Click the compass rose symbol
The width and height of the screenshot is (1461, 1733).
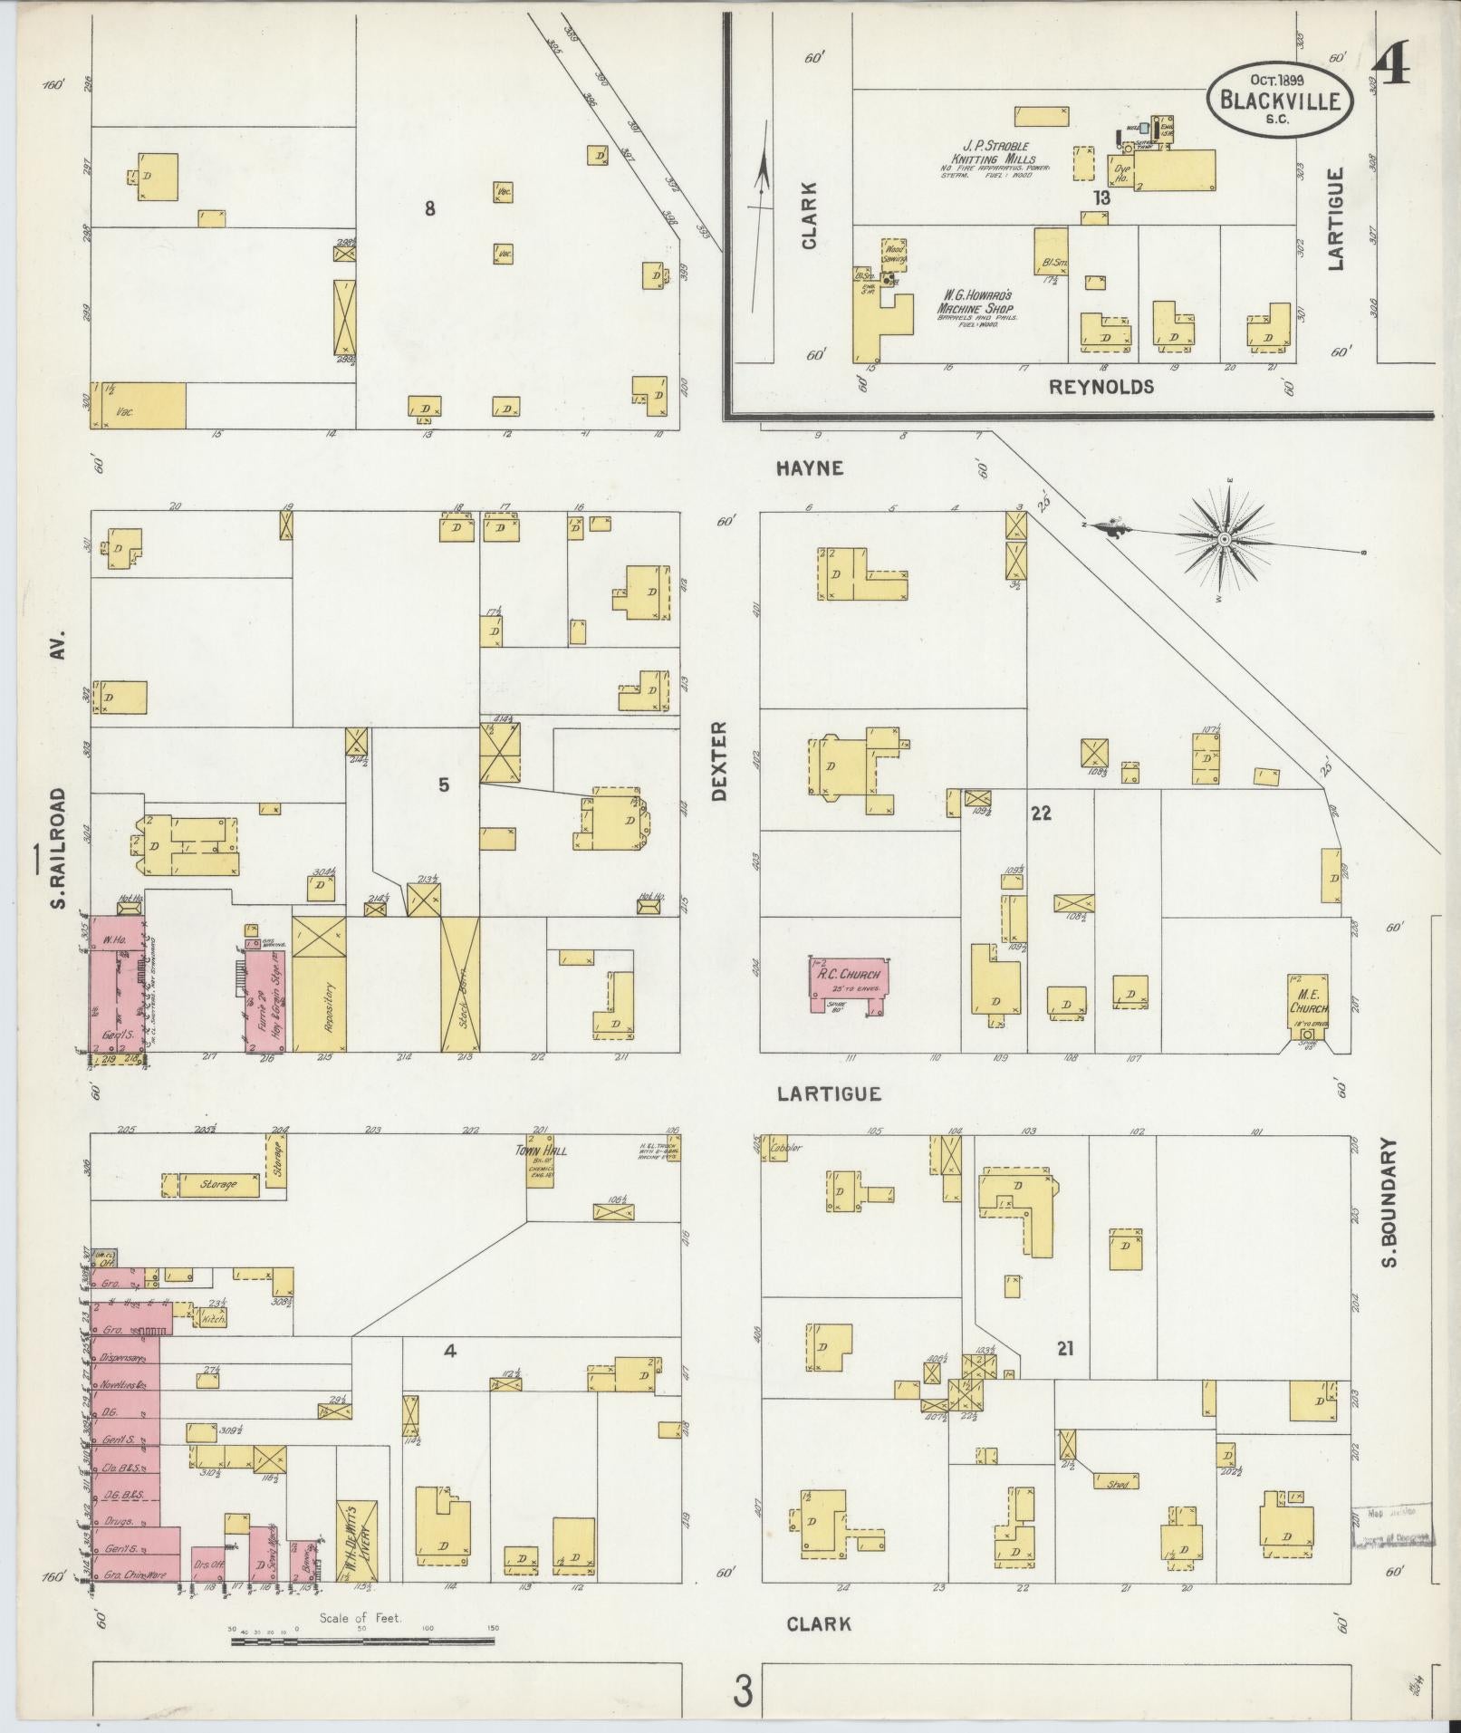tap(1224, 540)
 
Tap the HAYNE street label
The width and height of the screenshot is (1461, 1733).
tap(810, 468)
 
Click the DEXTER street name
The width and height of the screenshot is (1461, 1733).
tap(720, 761)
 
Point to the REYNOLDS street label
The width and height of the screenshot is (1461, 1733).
tap(1101, 387)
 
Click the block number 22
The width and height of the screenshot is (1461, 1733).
tap(1040, 813)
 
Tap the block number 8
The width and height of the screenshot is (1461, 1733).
tap(430, 208)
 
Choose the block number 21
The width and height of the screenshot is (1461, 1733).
tap(1064, 1373)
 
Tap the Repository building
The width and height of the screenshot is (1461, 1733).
tap(319, 985)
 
